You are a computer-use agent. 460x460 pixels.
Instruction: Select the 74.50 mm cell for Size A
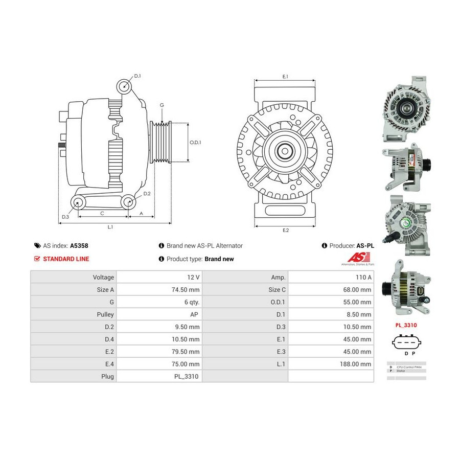[x=187, y=289]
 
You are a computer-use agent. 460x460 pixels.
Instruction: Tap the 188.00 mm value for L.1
[x=358, y=364]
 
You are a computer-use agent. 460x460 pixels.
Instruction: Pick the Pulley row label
[x=105, y=314]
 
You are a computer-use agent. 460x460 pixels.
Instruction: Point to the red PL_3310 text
[x=406, y=325]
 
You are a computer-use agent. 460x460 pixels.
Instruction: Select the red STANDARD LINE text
[x=65, y=259]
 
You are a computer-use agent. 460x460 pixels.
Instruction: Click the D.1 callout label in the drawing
[x=137, y=76]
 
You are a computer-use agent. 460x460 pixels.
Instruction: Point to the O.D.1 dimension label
[x=195, y=143]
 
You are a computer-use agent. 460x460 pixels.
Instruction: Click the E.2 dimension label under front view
[x=286, y=231]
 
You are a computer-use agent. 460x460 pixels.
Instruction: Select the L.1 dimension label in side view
[x=110, y=227]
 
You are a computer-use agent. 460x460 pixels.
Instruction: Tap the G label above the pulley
[x=162, y=105]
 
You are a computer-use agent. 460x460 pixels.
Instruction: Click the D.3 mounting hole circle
[x=78, y=203]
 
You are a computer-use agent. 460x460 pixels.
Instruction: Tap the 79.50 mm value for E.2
[x=187, y=352]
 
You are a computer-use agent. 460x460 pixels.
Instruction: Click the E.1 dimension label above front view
[x=285, y=76]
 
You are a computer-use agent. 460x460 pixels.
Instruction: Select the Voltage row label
[x=103, y=277]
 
